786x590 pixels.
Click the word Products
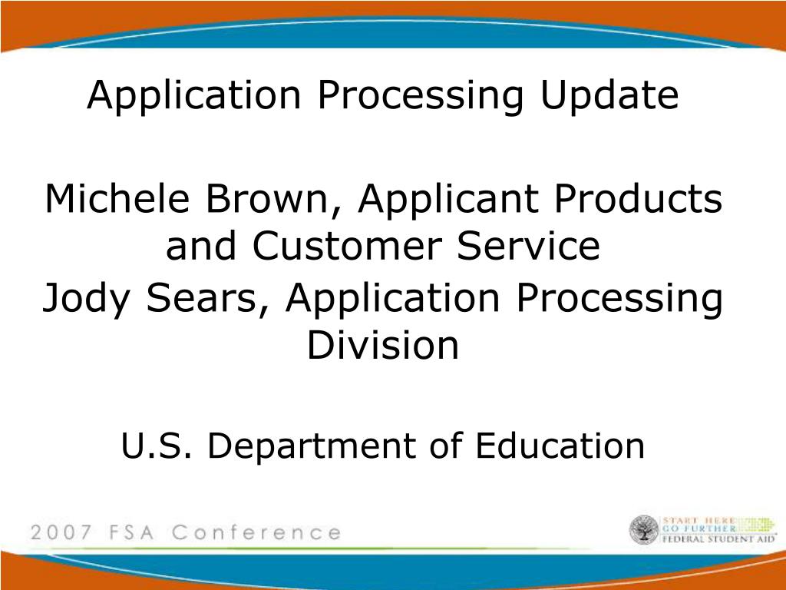638,198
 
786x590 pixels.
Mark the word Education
560,445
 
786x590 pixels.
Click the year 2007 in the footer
61,532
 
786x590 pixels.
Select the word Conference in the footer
256,532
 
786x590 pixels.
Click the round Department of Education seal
644,530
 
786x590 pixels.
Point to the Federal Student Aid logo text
718,539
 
